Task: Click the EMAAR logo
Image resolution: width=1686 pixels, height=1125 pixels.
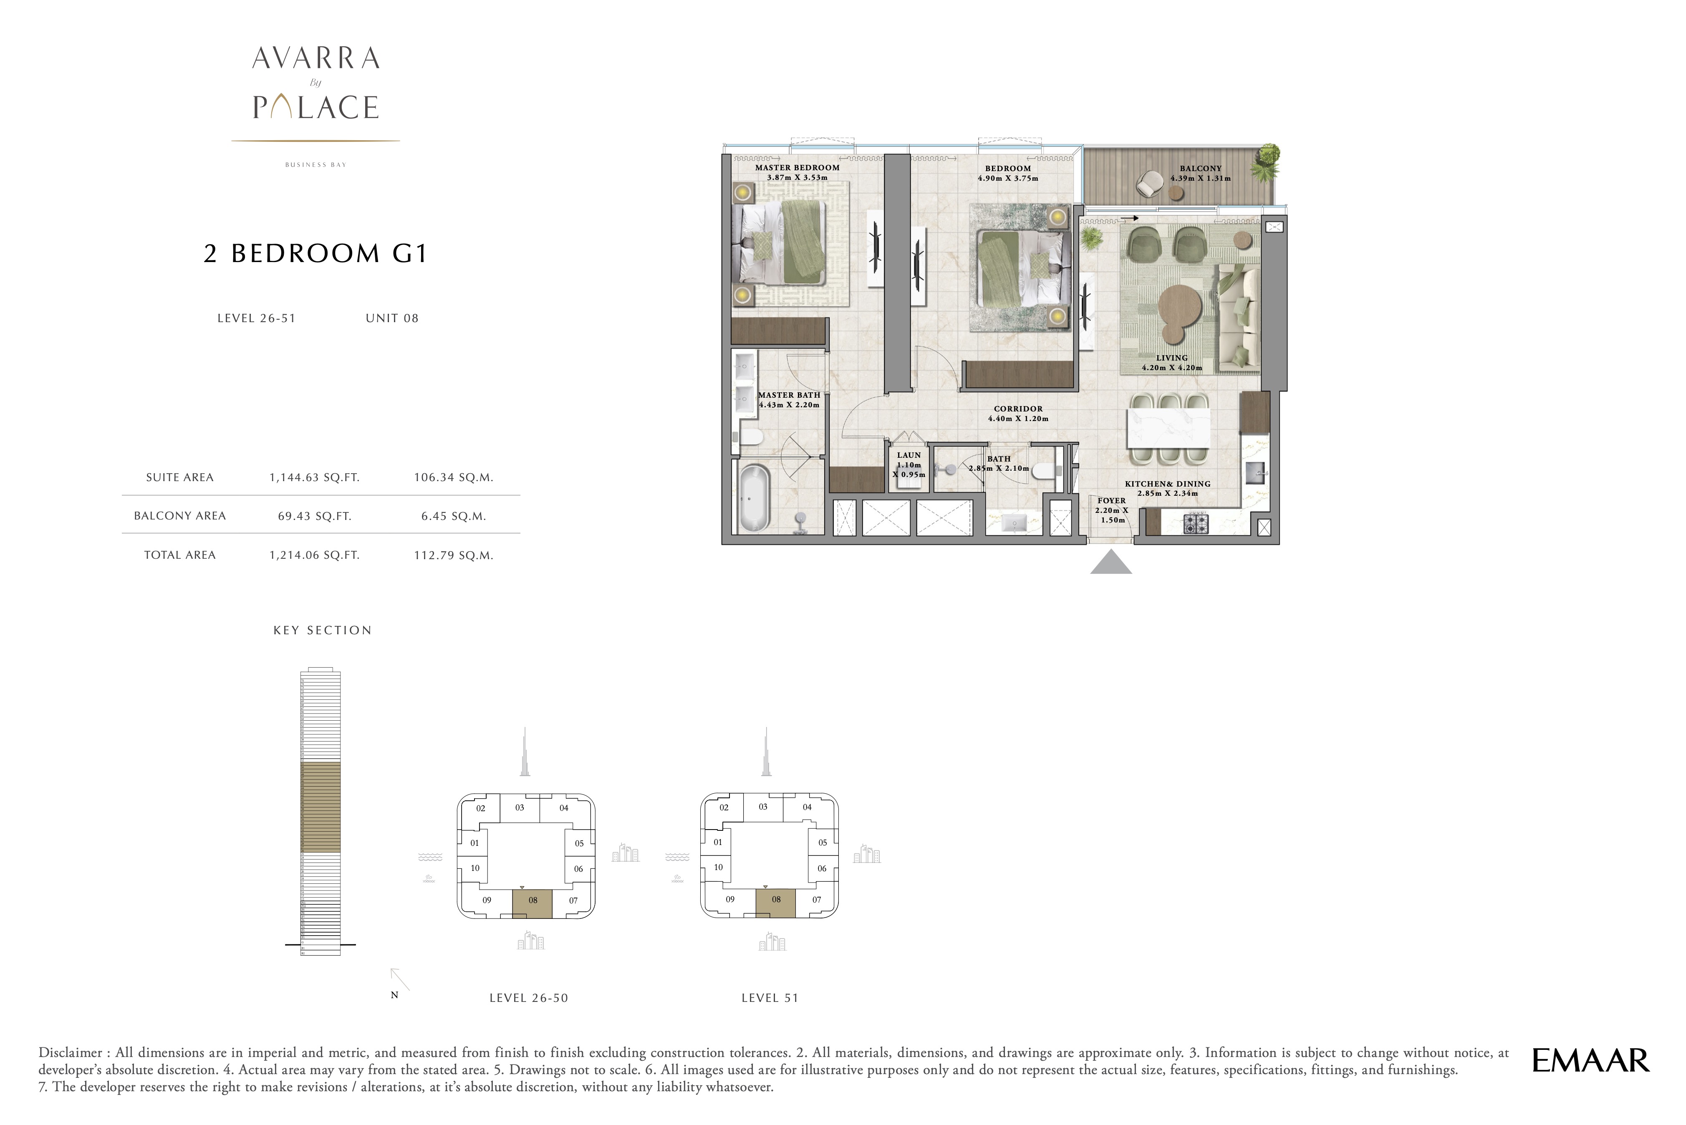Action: [1590, 1060]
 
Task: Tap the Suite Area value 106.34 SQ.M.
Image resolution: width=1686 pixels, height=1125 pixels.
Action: [454, 477]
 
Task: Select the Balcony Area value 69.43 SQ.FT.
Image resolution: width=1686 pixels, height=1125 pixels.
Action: [314, 516]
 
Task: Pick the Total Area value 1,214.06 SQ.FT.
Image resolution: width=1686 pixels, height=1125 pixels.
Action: [314, 555]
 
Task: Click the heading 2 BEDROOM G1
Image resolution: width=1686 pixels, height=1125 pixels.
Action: [315, 253]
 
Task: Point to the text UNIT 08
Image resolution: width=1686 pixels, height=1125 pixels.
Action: [392, 318]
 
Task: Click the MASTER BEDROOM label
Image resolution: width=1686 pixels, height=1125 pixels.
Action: [797, 168]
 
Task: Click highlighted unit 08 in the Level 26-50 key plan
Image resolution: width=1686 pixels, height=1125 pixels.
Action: [533, 903]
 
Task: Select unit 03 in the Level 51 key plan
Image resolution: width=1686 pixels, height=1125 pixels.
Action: [762, 807]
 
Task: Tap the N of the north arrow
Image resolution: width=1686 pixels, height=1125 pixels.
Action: [394, 995]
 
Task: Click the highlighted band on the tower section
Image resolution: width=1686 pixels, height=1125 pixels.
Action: [320, 807]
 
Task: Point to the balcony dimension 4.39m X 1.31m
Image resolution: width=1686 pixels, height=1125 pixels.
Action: [1200, 178]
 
